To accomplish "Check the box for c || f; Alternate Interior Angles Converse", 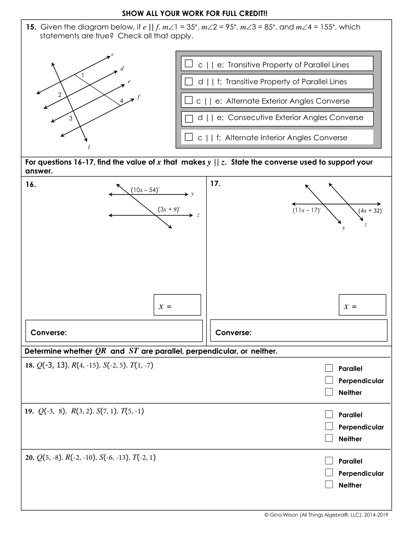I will point(189,137).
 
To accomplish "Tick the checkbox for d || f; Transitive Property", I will point(189,81).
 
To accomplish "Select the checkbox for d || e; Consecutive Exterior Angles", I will point(189,118).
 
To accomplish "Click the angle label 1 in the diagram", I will point(82,75).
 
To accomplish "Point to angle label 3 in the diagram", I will point(71,118).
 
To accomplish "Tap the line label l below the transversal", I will point(89,147).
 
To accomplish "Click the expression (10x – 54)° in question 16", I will point(145,190).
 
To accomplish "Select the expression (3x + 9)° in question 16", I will point(169,209).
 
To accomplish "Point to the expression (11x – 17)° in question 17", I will point(307,210).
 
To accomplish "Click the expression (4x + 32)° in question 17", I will point(371,211).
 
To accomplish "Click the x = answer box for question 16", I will point(177,305).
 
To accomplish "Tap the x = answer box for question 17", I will point(362,305).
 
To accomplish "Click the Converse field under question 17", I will point(299,330).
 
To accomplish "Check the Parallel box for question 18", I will point(329,368).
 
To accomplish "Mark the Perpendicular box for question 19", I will point(329,426).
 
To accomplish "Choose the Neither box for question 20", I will point(329,485).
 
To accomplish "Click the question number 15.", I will point(31,27).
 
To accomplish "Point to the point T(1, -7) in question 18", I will point(141,365).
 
